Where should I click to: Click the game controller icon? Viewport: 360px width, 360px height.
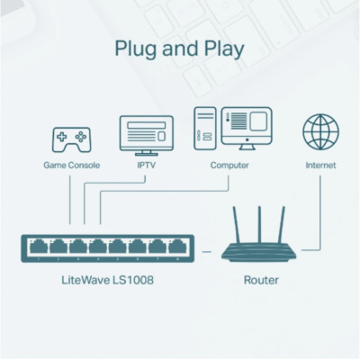[x=70, y=140]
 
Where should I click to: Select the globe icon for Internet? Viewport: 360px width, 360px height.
[x=321, y=131]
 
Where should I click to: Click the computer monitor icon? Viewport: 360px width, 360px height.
[x=245, y=129]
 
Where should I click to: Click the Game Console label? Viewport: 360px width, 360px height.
[x=71, y=166]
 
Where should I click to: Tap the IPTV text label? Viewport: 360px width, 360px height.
[x=145, y=166]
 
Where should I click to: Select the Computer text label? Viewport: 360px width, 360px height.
[x=229, y=166]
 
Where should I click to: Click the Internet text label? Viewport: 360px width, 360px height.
[x=321, y=166]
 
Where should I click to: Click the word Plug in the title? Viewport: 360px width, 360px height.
[x=138, y=48]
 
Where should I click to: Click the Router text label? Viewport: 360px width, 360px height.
[x=261, y=282]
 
